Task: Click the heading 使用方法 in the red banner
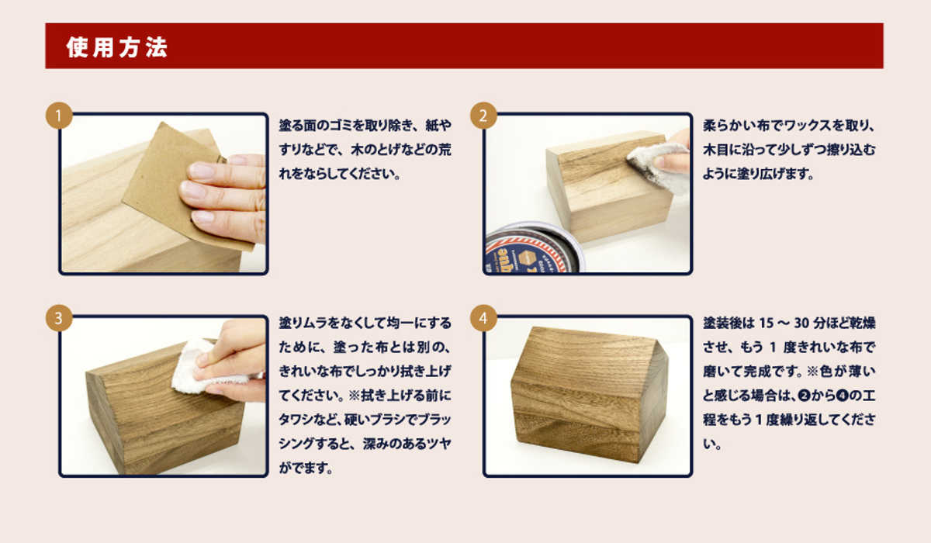click(x=117, y=47)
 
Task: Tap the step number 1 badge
click(x=59, y=116)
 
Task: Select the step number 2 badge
click(x=483, y=116)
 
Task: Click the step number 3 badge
click(x=59, y=318)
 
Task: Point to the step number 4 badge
click(x=483, y=318)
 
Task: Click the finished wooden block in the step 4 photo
click(x=590, y=395)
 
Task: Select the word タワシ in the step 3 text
click(x=296, y=420)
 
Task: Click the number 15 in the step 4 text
click(x=767, y=323)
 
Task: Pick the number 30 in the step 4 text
click(x=802, y=323)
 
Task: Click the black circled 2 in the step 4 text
click(x=805, y=396)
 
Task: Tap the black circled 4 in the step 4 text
click(x=842, y=396)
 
